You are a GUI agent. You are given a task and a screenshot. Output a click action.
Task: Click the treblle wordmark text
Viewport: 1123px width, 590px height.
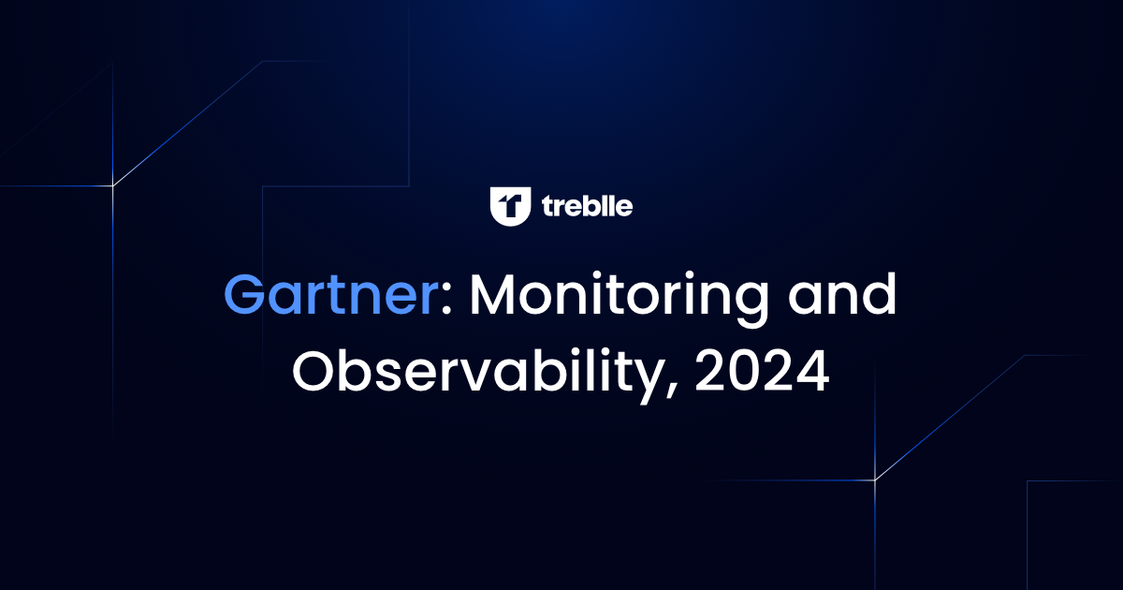click(587, 206)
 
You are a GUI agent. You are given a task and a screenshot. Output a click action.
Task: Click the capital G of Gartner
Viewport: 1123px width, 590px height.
click(247, 297)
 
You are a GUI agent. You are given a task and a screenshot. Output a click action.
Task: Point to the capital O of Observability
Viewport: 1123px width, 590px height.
click(316, 372)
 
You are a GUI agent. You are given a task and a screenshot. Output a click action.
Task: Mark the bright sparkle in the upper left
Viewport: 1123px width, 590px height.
click(113, 185)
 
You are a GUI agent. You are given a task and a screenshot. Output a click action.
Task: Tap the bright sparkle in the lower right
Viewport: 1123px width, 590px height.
click(875, 480)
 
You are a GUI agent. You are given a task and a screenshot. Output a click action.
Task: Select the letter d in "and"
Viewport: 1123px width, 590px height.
click(877, 295)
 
